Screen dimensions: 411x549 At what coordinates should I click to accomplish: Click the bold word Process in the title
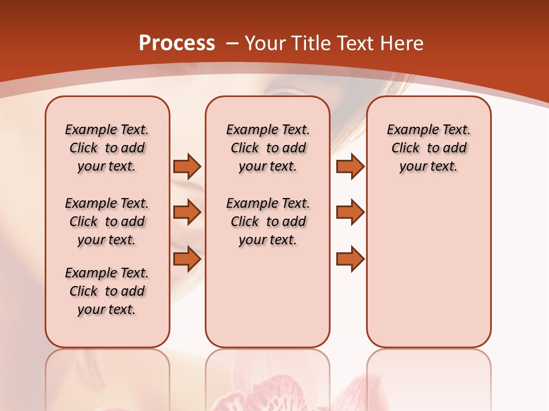[177, 43]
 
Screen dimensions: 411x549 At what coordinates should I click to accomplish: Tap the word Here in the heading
[401, 43]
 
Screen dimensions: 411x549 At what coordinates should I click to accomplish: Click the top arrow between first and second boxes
[187, 166]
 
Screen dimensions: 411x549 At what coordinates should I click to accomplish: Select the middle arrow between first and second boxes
[187, 212]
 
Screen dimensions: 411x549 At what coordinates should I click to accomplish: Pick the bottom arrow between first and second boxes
[187, 259]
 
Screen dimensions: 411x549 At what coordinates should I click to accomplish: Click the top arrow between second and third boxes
[350, 166]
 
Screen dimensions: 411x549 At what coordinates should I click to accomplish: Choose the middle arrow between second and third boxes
[350, 212]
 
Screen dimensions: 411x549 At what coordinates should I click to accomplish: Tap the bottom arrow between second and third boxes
[350, 259]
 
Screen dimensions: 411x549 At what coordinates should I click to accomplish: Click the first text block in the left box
[107, 148]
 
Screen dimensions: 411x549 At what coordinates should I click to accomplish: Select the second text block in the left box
[107, 221]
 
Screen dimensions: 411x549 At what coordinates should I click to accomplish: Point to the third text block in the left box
[107, 291]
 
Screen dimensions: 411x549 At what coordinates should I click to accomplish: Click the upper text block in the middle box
[268, 148]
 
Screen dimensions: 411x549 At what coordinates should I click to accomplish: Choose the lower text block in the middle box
[268, 221]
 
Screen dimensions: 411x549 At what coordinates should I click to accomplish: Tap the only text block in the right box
[428, 148]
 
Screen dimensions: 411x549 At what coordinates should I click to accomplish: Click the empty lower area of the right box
[428, 268]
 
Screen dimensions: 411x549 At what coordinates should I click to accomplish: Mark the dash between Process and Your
[232, 44]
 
